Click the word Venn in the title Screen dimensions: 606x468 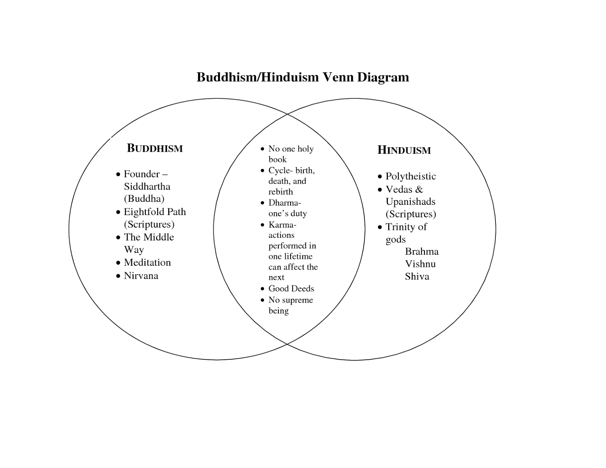(x=338, y=77)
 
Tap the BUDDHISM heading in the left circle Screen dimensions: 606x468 (x=155, y=148)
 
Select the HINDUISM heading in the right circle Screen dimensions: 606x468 (x=404, y=150)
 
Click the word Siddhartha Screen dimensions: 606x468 (x=147, y=186)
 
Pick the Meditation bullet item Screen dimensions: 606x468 (x=147, y=262)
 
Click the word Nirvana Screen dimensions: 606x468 (x=141, y=276)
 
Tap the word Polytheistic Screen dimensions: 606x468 (x=411, y=176)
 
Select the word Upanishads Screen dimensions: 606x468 (x=411, y=201)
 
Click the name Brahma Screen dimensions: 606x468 (x=422, y=251)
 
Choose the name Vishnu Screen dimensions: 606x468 (x=420, y=264)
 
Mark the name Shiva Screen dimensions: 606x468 (x=417, y=276)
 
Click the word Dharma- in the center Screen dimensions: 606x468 (x=284, y=203)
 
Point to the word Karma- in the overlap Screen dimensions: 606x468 (x=282, y=225)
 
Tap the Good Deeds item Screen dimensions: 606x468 (x=291, y=289)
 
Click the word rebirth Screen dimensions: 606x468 (x=281, y=192)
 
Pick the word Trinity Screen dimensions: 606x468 (x=400, y=227)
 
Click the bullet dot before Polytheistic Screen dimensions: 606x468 (x=380, y=177)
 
